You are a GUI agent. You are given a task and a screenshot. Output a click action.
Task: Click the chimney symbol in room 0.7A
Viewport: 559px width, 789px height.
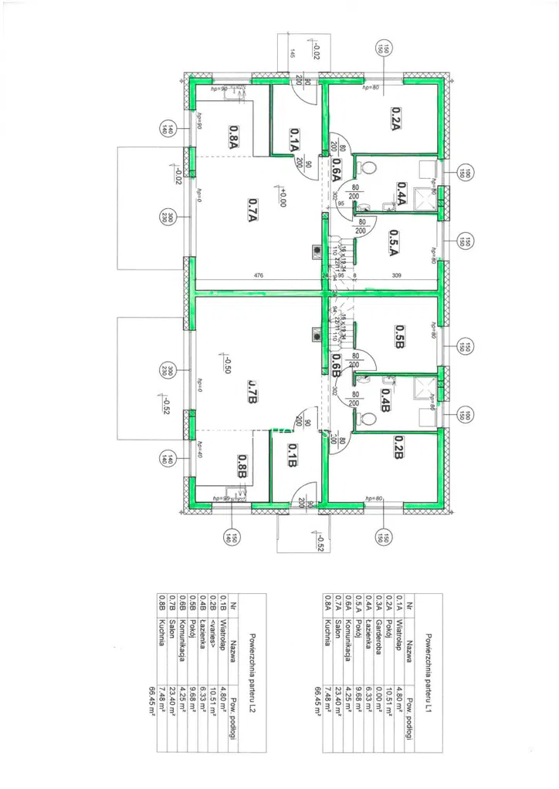(x=316, y=250)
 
